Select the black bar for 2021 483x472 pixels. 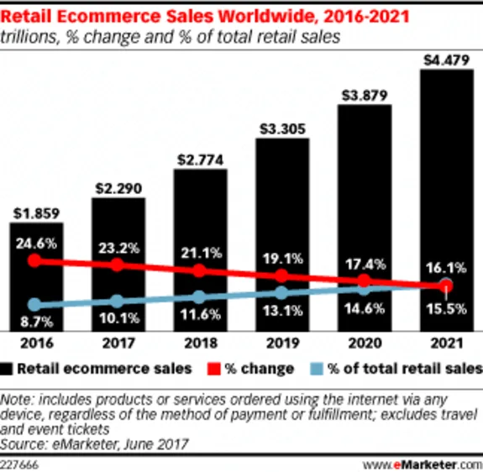(x=444, y=202)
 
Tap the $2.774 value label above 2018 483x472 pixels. (x=199, y=158)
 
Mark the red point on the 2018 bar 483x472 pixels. (x=199, y=270)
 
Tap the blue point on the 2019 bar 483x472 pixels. (x=281, y=293)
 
